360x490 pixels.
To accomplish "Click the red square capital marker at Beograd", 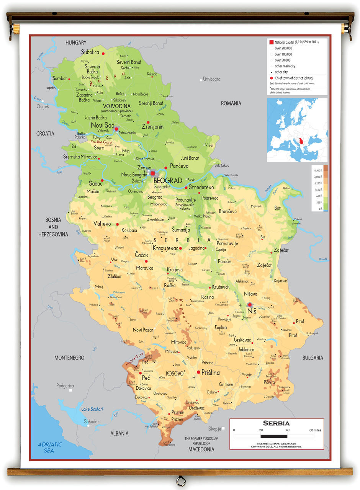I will [153, 173].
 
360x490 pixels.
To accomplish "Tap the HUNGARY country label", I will [76, 43].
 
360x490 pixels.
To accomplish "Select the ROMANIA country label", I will [231, 103].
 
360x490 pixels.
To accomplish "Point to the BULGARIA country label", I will [313, 358].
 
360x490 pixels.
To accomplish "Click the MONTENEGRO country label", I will [69, 358].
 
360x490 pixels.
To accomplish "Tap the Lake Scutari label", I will [92, 409].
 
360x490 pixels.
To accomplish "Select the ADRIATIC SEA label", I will [50, 448].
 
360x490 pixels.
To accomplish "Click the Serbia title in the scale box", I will [276, 423].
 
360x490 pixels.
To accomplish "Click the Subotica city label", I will [90, 52].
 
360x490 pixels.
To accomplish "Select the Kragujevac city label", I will [166, 248].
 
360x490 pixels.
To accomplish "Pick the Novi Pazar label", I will [143, 330].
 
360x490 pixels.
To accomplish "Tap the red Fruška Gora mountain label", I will [100, 142].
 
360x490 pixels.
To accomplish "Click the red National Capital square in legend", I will [271, 41].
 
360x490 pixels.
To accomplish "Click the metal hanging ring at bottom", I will [180, 481].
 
